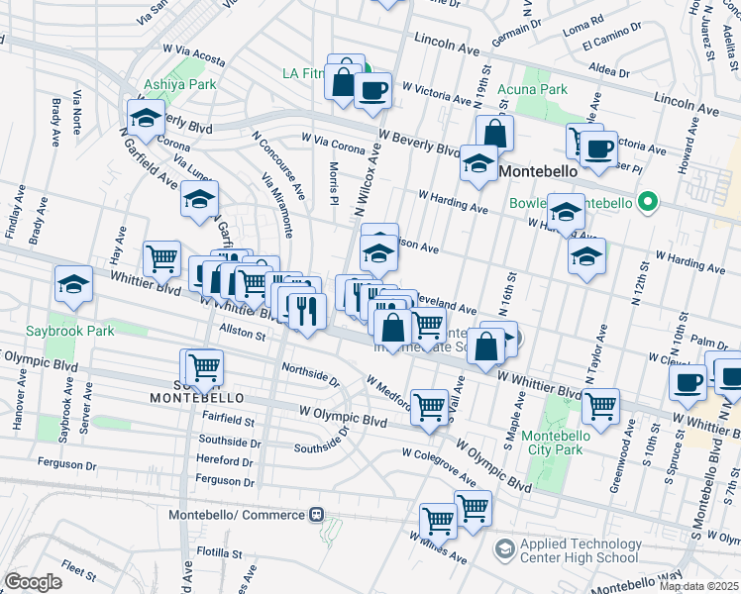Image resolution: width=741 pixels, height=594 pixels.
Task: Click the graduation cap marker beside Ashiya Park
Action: (x=146, y=119)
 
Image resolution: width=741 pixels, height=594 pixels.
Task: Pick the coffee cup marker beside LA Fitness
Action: (x=371, y=91)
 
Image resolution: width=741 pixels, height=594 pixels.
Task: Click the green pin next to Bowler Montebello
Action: (x=648, y=203)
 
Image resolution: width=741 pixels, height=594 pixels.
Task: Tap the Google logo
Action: (x=33, y=582)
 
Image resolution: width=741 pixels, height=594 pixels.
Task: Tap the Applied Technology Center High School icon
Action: (x=504, y=547)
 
